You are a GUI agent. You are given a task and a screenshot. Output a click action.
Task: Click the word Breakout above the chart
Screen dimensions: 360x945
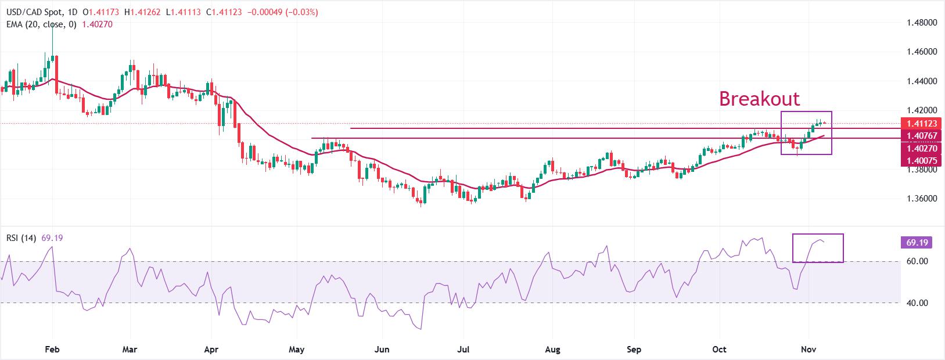click(x=759, y=99)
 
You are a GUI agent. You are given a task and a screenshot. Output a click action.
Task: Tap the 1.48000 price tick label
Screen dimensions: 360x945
click(x=922, y=23)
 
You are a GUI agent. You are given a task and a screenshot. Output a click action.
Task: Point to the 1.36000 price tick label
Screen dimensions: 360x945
click(x=922, y=199)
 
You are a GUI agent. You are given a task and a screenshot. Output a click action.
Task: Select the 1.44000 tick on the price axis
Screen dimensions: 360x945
click(x=922, y=81)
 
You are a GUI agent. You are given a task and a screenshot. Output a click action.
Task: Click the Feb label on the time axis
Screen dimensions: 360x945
click(x=52, y=350)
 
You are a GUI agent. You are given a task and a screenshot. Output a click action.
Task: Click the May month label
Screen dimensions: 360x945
click(x=296, y=350)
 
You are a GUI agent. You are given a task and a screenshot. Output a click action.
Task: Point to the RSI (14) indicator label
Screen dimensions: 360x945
click(x=21, y=238)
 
